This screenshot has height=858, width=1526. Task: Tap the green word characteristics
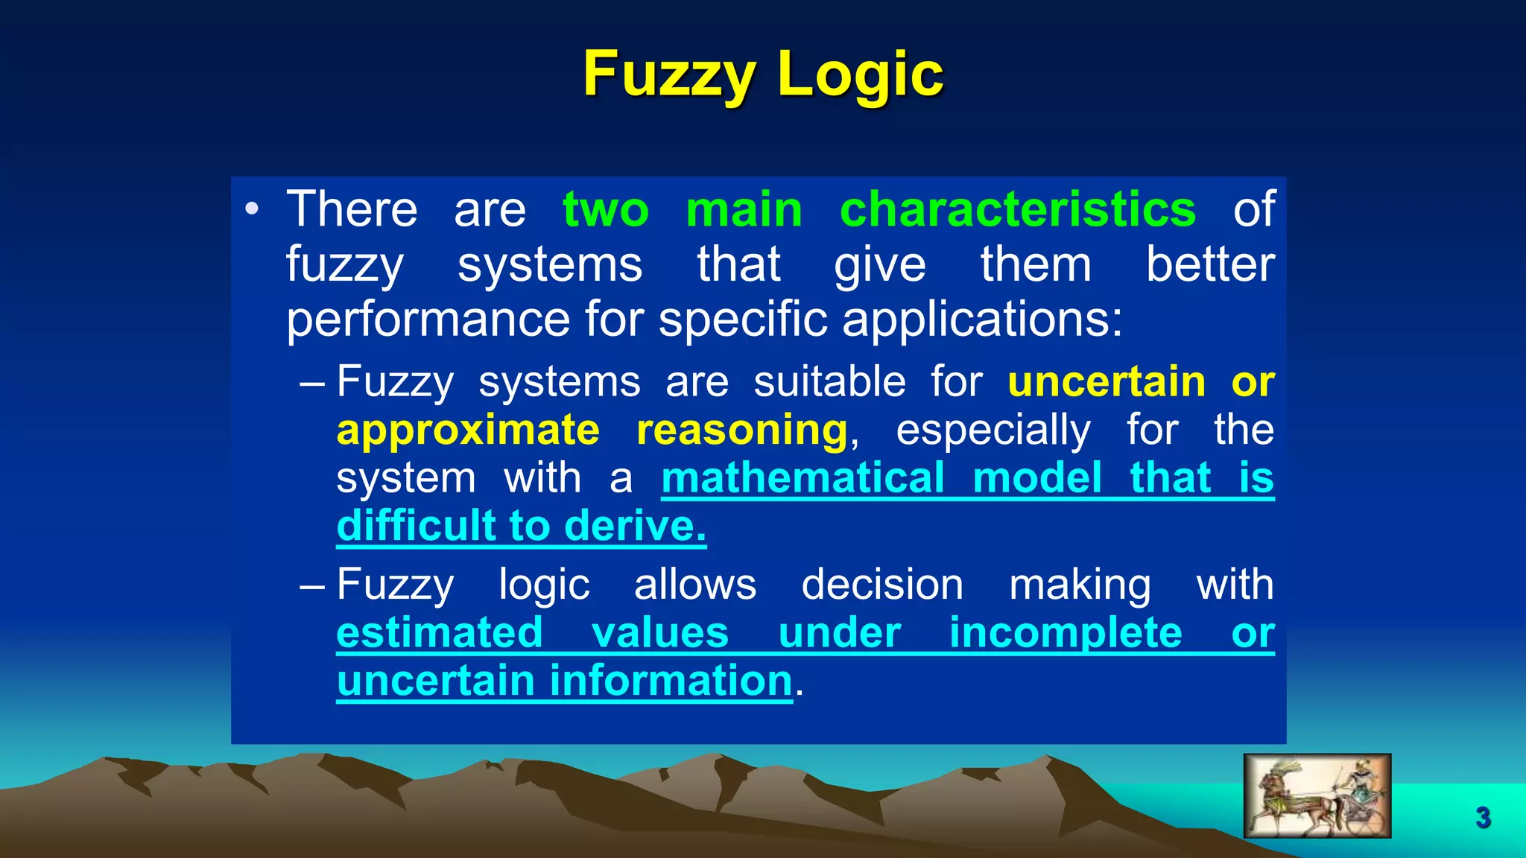[1017, 209]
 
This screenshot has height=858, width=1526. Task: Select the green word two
[606, 211]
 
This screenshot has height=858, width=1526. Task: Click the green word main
[744, 209]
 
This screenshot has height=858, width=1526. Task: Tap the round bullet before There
[252, 210]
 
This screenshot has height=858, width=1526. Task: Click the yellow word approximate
[468, 431]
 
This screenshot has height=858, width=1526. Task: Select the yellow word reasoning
[741, 431]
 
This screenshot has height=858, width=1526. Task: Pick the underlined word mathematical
[802, 477]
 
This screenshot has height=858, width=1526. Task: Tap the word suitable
[829, 382]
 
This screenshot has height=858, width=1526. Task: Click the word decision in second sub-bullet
[881, 585]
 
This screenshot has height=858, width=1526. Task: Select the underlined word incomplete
[1065, 633]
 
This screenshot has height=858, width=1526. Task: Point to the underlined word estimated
[440, 633]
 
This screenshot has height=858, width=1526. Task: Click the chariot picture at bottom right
[1317, 795]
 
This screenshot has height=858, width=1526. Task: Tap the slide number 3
[1483, 818]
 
